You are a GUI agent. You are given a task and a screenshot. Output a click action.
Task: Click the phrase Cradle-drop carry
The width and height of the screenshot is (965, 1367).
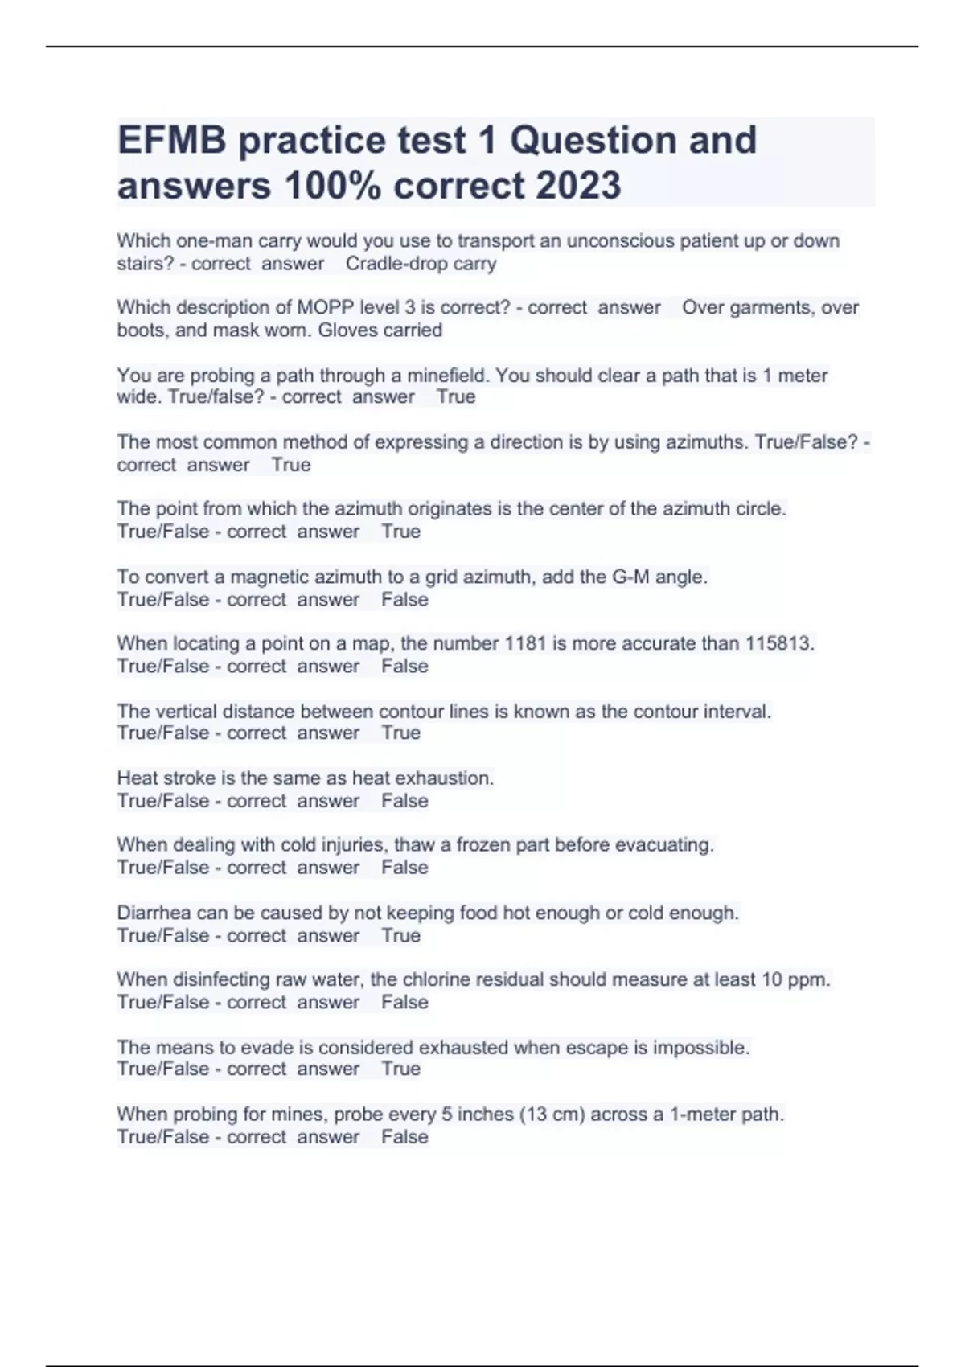(421, 264)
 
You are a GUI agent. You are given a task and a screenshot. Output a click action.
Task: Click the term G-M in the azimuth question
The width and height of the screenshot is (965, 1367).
(630, 577)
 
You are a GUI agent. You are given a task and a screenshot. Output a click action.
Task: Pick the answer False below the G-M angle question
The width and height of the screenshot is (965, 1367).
(404, 600)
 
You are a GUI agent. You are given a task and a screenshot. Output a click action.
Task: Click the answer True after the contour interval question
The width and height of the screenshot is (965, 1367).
(400, 733)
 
